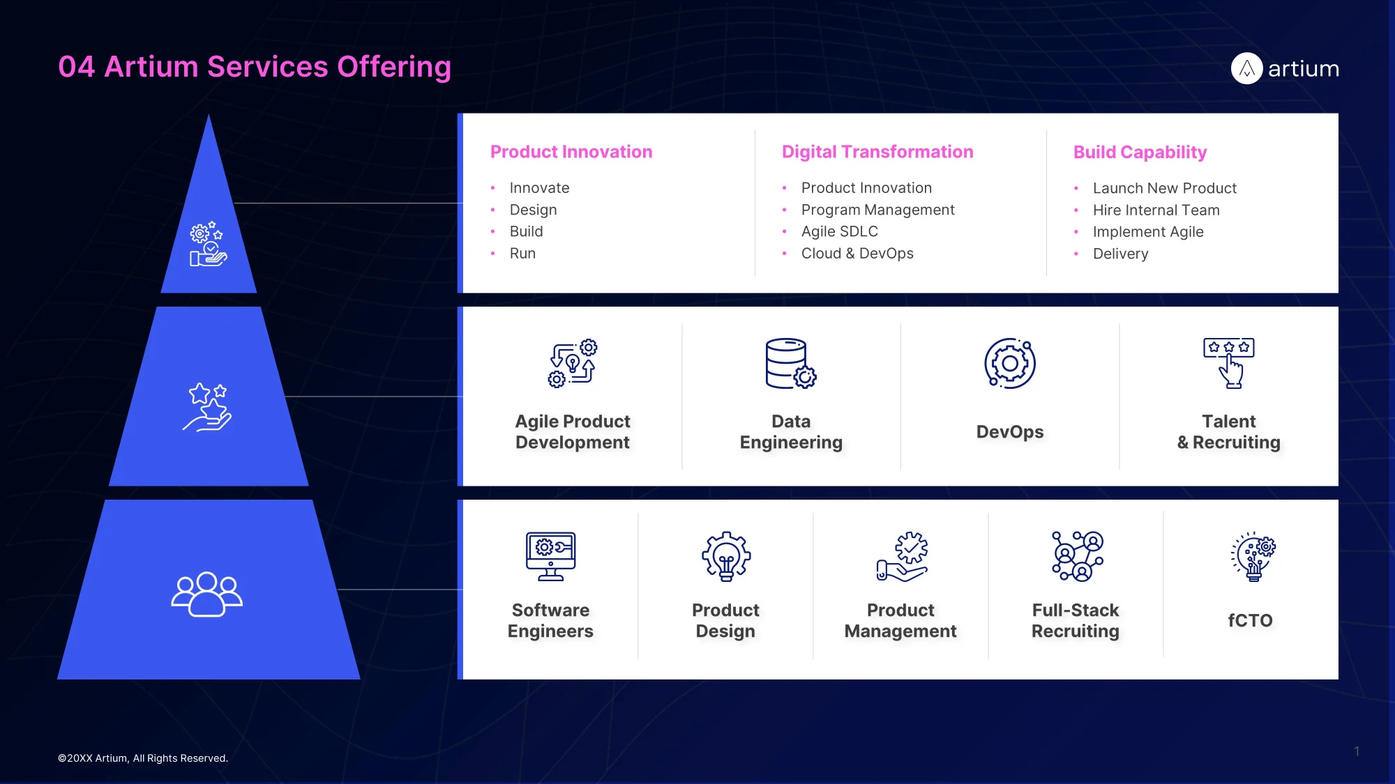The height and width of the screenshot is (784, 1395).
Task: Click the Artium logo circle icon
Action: pyautogui.click(x=1247, y=68)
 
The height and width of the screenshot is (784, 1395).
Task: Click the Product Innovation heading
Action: pyautogui.click(x=571, y=152)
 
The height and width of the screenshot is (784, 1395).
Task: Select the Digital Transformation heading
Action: pyautogui.click(x=877, y=152)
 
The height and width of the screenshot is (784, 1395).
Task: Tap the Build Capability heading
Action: pyautogui.click(x=1140, y=153)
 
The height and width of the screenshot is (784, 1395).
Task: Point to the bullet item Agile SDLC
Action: pyautogui.click(x=839, y=231)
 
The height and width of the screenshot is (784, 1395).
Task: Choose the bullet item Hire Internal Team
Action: pyautogui.click(x=1156, y=210)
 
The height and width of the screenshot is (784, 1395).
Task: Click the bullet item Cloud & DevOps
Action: pyautogui.click(x=857, y=254)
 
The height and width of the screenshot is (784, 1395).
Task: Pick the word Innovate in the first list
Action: pyautogui.click(x=539, y=188)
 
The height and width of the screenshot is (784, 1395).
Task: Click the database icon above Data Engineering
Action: pyautogui.click(x=791, y=363)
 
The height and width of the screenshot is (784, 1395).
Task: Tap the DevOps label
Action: pyautogui.click(x=1010, y=432)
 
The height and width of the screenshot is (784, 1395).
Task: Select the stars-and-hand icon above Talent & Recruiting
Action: pyautogui.click(x=1229, y=363)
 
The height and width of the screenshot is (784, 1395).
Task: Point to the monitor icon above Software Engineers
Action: pyautogui.click(x=551, y=556)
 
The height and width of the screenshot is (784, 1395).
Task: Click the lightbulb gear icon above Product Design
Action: pyautogui.click(x=726, y=556)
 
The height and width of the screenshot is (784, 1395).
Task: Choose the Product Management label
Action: pyautogui.click(x=900, y=620)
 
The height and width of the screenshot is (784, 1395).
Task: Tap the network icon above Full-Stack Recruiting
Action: pyautogui.click(x=1078, y=556)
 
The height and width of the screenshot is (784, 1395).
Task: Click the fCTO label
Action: pyautogui.click(x=1251, y=620)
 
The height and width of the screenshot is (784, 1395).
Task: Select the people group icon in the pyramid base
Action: pyautogui.click(x=207, y=594)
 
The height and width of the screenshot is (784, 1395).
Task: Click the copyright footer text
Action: pyautogui.click(x=143, y=758)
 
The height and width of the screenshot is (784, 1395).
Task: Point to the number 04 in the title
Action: pyautogui.click(x=77, y=67)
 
